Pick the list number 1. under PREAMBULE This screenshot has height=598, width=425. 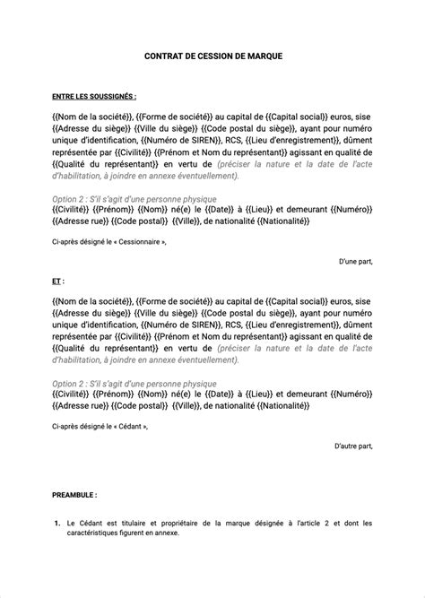pyautogui.click(x=56, y=523)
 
